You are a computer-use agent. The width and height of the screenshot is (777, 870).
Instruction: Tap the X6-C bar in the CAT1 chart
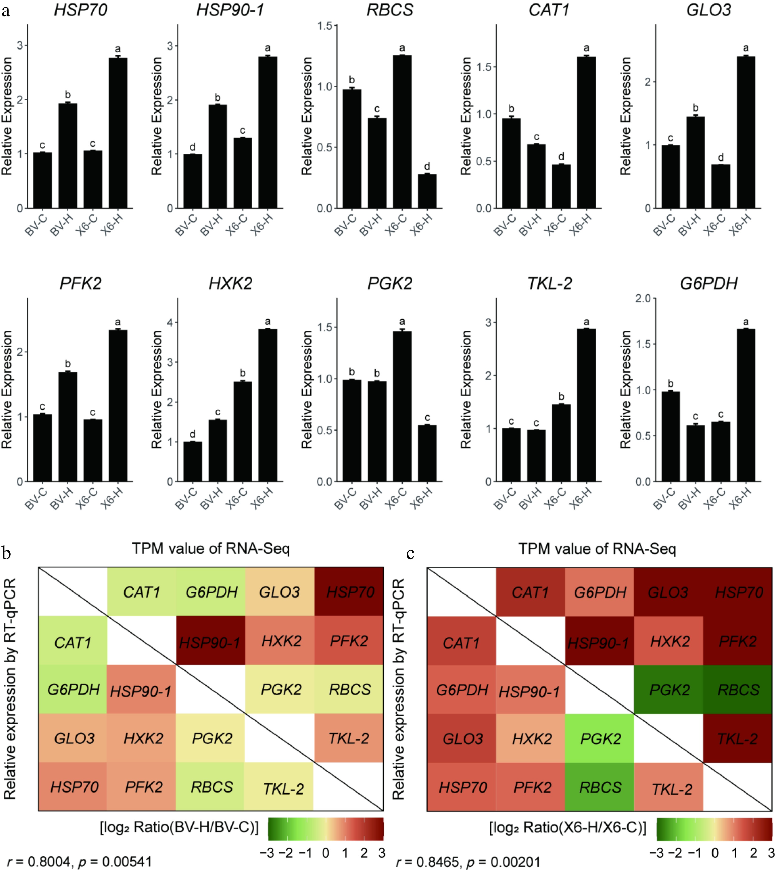coord(561,186)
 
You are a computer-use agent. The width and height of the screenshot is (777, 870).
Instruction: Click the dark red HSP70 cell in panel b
coord(349,592)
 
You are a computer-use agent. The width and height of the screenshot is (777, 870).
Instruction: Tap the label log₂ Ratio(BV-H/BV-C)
coord(179,827)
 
